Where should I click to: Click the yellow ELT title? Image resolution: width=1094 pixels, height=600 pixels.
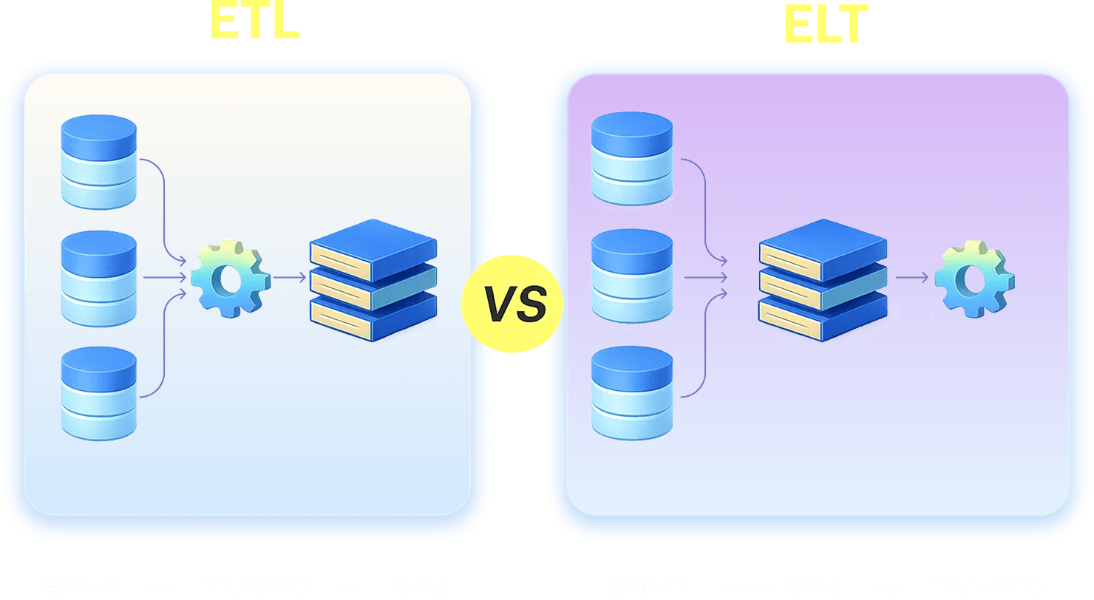826,26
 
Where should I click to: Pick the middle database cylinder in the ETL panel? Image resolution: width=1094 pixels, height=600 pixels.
99,278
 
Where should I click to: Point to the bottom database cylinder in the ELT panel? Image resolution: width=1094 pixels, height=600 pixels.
632,393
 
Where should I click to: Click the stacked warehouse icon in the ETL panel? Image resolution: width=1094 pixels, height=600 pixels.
373,279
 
